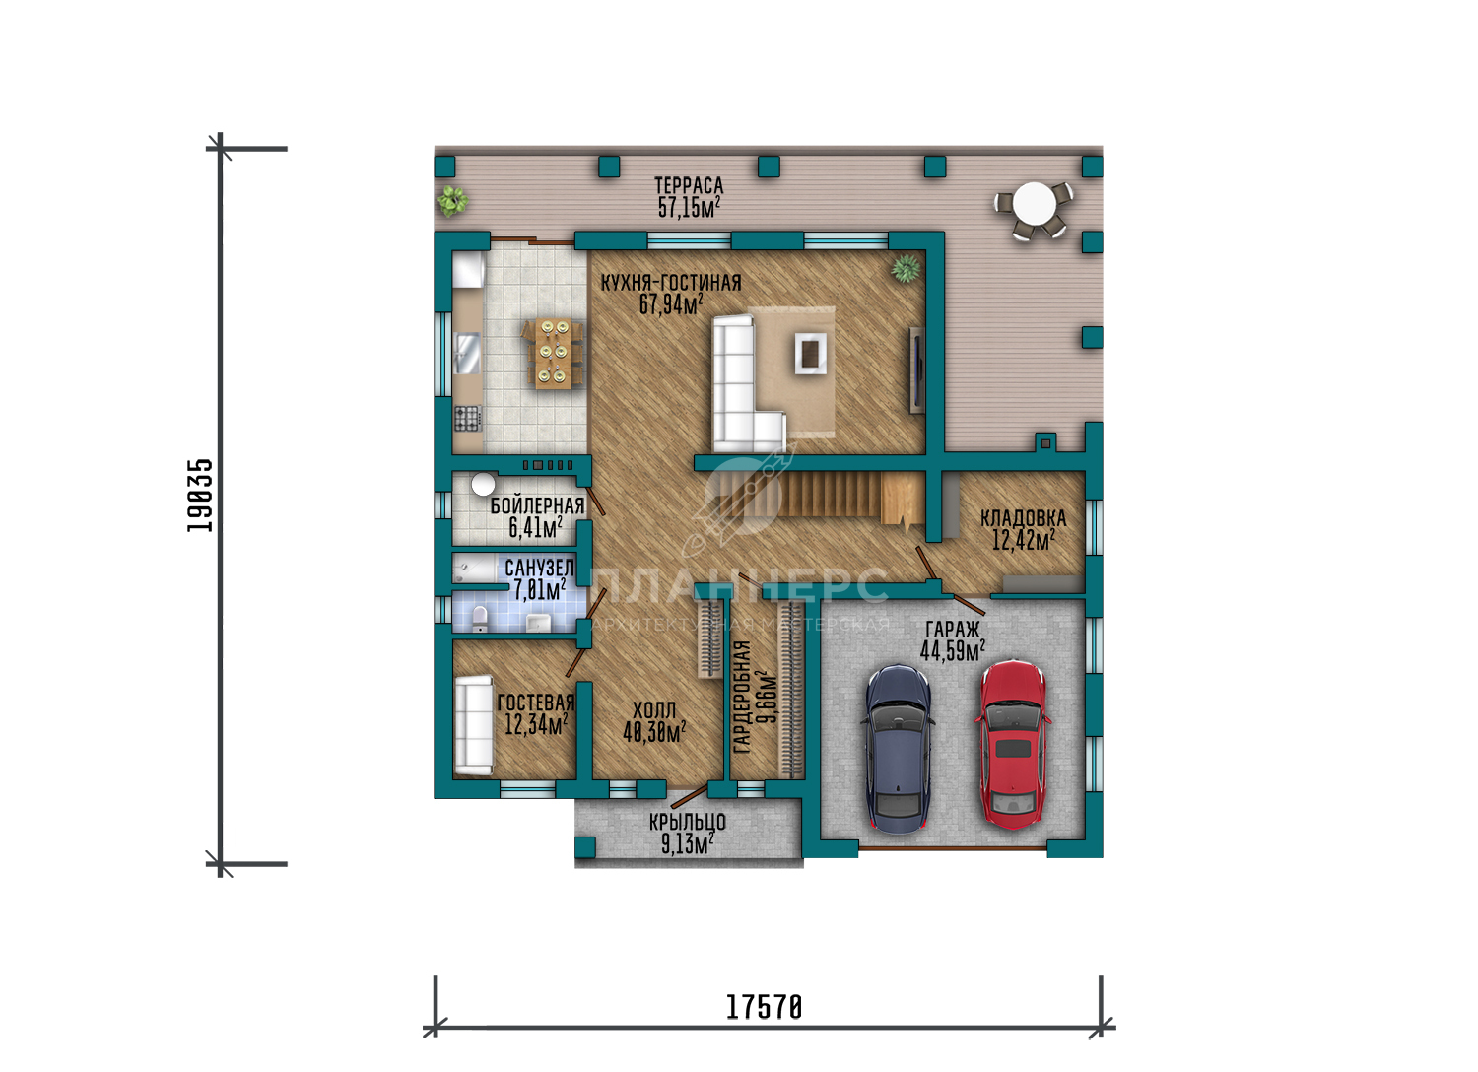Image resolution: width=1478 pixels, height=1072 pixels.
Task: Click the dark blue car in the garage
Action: (x=898, y=750)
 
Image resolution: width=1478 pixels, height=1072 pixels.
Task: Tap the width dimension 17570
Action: (x=764, y=1008)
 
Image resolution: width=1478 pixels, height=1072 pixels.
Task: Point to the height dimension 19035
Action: (x=199, y=496)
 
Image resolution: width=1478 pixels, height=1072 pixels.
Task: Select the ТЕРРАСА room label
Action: (x=689, y=185)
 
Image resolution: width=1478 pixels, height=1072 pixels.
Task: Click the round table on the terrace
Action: (x=1035, y=204)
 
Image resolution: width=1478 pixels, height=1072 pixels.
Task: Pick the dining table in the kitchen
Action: (x=554, y=353)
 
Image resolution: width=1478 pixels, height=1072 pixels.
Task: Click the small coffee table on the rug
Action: (x=811, y=353)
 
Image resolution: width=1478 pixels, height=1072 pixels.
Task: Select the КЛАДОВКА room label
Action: (x=1024, y=518)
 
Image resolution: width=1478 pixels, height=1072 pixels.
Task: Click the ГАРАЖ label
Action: (x=953, y=629)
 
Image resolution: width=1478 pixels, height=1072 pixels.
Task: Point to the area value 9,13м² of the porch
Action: (x=688, y=843)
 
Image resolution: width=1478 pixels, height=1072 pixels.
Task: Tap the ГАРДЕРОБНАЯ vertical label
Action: (x=742, y=697)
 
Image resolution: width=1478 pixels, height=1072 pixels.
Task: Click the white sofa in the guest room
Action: (x=474, y=725)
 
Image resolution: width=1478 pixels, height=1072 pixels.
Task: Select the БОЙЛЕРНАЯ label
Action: (x=537, y=506)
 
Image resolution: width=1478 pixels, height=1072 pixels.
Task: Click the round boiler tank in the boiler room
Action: (x=483, y=484)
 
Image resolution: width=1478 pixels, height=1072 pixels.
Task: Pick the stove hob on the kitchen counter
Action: (x=467, y=418)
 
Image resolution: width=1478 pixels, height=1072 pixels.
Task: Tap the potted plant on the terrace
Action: (x=452, y=201)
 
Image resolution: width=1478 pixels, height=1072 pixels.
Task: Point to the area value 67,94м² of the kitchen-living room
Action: (x=671, y=304)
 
